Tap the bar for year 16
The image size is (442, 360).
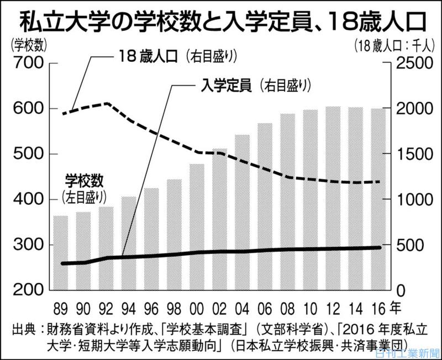tap(378, 199)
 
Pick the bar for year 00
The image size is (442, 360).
tap(197, 226)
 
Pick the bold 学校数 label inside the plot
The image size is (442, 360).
tap(85, 181)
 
